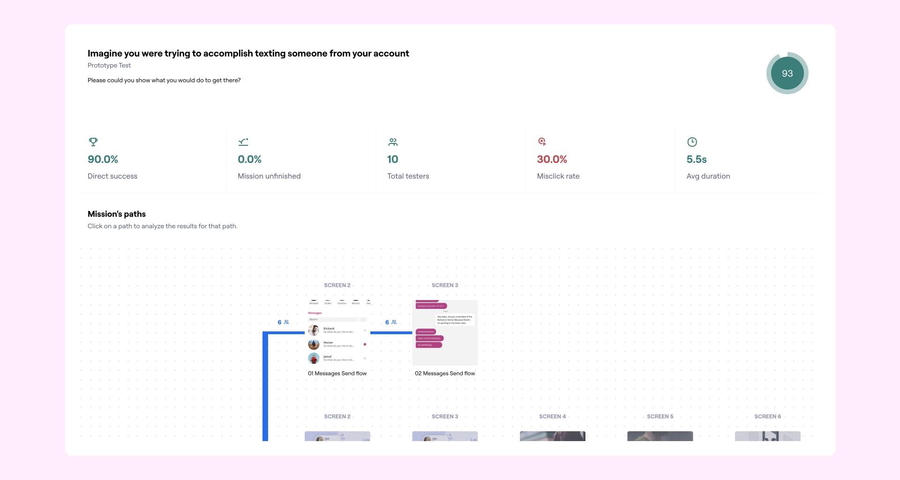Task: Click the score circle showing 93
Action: (787, 73)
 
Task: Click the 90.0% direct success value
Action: (103, 159)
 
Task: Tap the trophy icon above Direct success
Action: (93, 142)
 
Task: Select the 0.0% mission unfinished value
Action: (249, 159)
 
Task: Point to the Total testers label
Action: (408, 176)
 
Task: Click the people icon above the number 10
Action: (393, 142)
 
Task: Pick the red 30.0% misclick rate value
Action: (552, 159)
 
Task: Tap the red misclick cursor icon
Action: (542, 142)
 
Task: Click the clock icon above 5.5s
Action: (692, 142)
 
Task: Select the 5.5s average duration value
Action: (696, 159)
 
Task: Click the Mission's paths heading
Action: (117, 214)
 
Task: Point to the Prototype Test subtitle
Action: (109, 66)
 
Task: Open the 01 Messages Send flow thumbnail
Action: (337, 333)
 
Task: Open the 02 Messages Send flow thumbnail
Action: (445, 333)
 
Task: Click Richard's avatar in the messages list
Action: (314, 330)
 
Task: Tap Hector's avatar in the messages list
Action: (314, 345)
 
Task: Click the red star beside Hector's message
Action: (365, 345)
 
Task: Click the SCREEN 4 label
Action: (552, 417)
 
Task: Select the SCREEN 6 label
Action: (767, 417)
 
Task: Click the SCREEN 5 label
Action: (660, 417)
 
